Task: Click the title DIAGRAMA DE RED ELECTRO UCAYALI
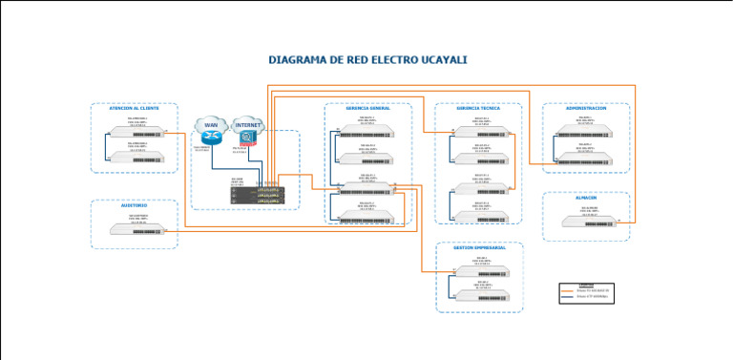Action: pyautogui.click(x=366, y=59)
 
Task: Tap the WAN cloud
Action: pyautogui.click(x=211, y=126)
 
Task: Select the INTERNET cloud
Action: pyautogui.click(x=248, y=126)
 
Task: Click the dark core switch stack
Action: pyautogui.click(x=258, y=194)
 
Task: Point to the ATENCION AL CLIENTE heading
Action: pyautogui.click(x=134, y=108)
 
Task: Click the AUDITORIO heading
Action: pyautogui.click(x=134, y=205)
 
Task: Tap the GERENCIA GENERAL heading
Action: pyautogui.click(x=367, y=109)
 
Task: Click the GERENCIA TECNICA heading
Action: pyautogui.click(x=478, y=109)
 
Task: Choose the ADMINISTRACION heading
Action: pyautogui.click(x=586, y=108)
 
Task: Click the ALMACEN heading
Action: pyautogui.click(x=586, y=198)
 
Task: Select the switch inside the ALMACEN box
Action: pyautogui.click(x=586, y=222)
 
